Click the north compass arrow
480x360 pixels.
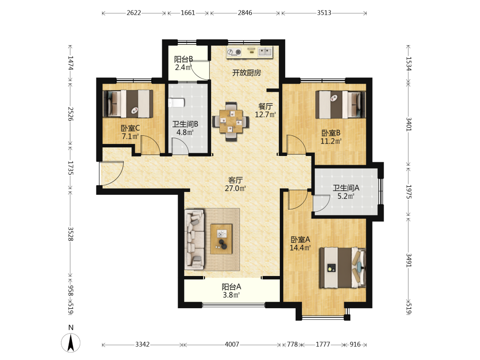[71, 343]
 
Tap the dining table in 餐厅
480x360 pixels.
[231, 121]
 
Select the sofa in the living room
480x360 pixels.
[194, 239]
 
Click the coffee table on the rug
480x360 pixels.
[221, 239]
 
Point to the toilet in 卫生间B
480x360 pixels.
[176, 103]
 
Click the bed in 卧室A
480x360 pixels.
[343, 268]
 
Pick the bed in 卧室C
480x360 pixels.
[128, 104]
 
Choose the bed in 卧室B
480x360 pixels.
[340, 105]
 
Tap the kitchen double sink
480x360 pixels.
[265, 52]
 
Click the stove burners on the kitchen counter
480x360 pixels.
[234, 52]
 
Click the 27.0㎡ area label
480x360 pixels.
[235, 188]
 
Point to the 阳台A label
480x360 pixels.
[231, 287]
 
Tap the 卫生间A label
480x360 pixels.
[346, 188]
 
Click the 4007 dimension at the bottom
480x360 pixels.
[232, 344]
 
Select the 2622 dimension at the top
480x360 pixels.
[134, 13]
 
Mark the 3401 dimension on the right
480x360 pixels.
[408, 124]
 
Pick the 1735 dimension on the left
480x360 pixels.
[71, 168]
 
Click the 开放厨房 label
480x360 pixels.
[246, 73]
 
